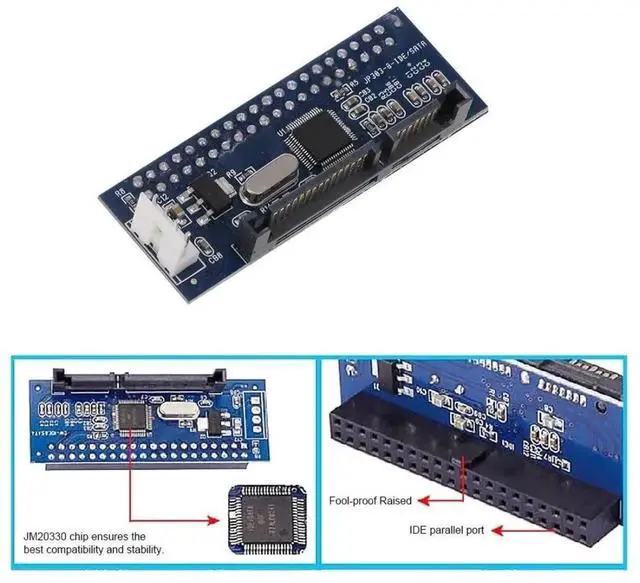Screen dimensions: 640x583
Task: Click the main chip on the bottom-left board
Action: coord(132,417)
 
